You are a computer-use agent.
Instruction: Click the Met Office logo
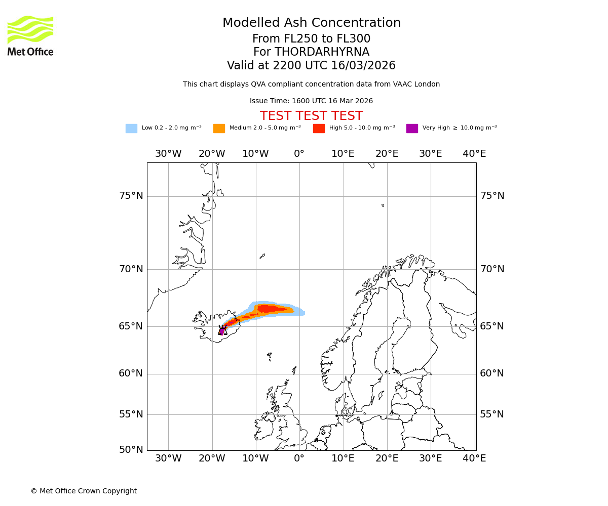coord(30,35)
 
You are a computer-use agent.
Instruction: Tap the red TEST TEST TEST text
coord(311,116)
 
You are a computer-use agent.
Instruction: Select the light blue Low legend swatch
coord(131,129)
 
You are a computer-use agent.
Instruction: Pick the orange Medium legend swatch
coord(219,129)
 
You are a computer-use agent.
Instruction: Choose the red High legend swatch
coord(319,129)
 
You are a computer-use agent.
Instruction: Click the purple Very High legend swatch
coord(412,129)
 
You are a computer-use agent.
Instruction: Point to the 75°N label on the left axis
coord(131,196)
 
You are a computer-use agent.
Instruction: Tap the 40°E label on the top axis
coord(474,154)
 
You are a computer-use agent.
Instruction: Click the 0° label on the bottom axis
coord(299,458)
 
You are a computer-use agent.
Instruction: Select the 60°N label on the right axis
coord(492,373)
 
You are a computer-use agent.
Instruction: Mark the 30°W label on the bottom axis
coord(168,458)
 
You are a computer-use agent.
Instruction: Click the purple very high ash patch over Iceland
coord(221,331)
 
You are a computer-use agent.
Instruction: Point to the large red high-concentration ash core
coord(269,308)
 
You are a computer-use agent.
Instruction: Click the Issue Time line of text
coord(311,101)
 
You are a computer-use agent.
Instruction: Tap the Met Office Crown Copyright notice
coord(84,491)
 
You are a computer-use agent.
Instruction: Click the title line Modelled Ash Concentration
coord(311,23)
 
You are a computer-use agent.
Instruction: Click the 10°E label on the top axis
coord(343,154)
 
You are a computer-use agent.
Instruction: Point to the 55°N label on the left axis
coord(131,414)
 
